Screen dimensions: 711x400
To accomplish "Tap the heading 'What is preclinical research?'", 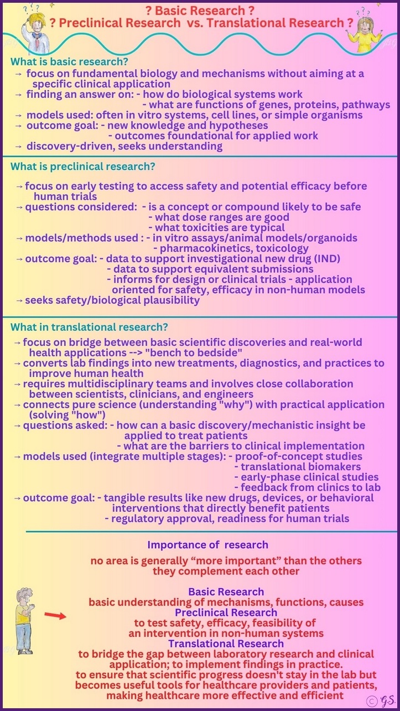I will tap(83, 166).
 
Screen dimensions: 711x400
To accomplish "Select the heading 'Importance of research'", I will tap(207, 544).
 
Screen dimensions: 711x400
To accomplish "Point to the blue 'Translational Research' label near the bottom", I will tap(226, 643).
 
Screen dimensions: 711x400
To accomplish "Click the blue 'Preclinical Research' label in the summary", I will tap(226, 613).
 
